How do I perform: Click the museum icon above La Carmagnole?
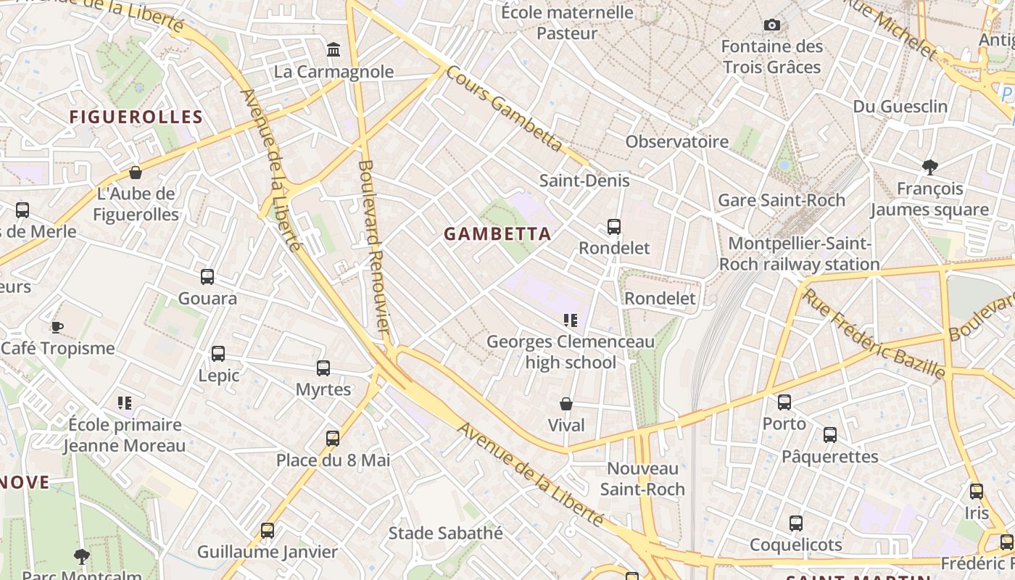[x=333, y=50]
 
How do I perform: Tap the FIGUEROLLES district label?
[x=136, y=117]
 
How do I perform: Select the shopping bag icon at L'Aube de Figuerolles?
[x=135, y=173]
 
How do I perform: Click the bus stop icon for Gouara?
[x=207, y=277]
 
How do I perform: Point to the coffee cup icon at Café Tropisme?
[x=57, y=327]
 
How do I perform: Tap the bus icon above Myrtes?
[x=323, y=368]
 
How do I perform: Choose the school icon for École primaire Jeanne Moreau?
[x=125, y=402]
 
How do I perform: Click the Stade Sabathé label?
[x=445, y=533]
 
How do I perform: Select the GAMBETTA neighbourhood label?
[x=497, y=234]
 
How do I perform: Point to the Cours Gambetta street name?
[x=503, y=109]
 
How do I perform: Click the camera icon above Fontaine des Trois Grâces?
[x=772, y=25]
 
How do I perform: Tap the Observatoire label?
[x=677, y=141]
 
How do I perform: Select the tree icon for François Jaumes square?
[x=930, y=167]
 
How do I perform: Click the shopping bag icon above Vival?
[x=566, y=404]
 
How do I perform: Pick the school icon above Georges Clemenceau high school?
[x=571, y=320]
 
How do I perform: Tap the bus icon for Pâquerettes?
[x=830, y=435]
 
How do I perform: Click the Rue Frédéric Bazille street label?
[x=874, y=333]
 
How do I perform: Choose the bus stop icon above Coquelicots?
[x=796, y=523]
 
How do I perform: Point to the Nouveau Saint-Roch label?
[x=642, y=478]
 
